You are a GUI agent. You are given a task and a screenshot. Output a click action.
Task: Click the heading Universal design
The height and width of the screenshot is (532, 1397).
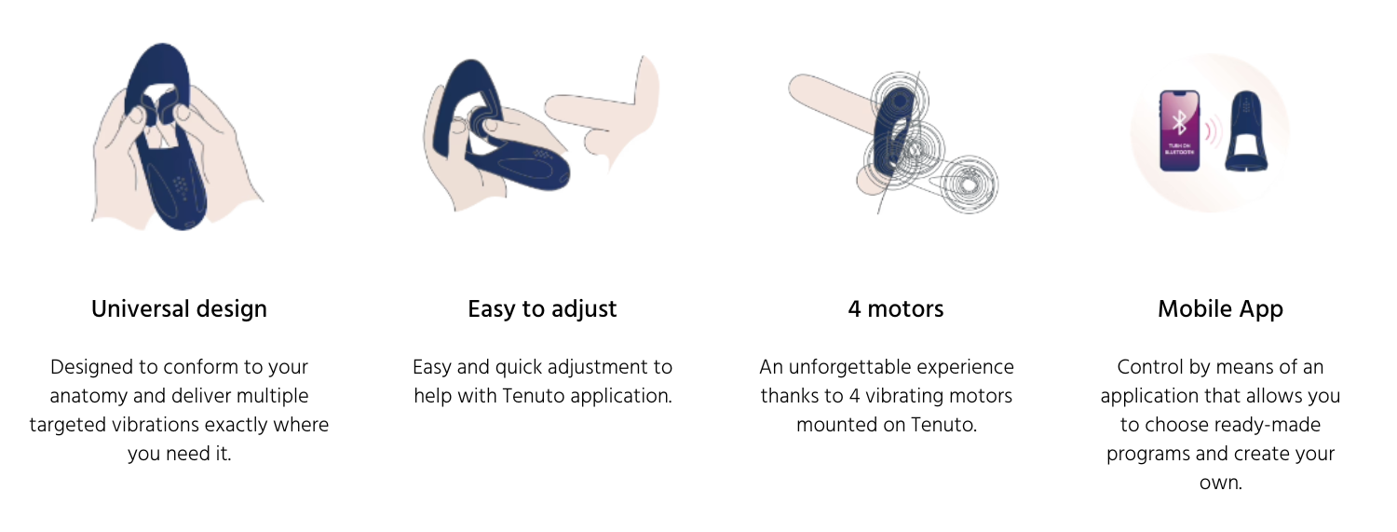[x=179, y=309]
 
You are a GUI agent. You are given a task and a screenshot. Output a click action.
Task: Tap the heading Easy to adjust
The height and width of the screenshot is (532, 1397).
[x=542, y=309]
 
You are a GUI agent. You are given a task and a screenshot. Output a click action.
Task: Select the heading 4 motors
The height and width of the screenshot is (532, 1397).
[x=896, y=309]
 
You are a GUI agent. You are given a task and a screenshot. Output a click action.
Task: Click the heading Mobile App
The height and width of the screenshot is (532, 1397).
[x=1220, y=309]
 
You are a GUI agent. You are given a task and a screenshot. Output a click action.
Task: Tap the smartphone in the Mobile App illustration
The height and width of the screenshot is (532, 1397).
[x=1179, y=131]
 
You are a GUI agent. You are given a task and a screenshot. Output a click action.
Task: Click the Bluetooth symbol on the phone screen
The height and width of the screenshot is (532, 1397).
[x=1179, y=122]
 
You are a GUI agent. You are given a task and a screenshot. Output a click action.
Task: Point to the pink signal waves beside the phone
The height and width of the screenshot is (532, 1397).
[x=1211, y=131]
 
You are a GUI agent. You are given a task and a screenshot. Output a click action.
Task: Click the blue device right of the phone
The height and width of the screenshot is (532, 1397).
[x=1246, y=131]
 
